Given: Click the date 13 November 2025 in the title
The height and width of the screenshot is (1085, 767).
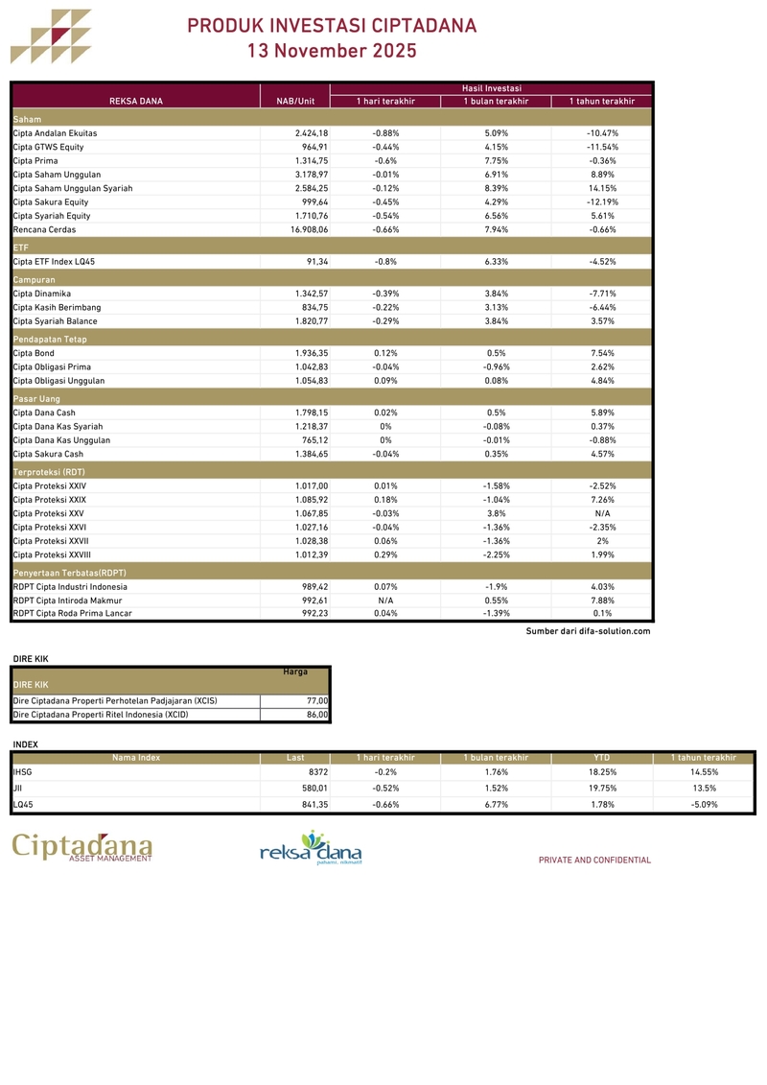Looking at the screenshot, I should pos(332,51).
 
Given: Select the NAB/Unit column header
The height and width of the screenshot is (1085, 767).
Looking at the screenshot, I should pos(295,101).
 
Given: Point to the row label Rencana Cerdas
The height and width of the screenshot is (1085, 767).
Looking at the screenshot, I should pos(43,230).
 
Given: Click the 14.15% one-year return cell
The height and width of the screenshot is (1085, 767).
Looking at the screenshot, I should pos(602,189).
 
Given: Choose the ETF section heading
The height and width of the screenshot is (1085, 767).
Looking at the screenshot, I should pos(21,248).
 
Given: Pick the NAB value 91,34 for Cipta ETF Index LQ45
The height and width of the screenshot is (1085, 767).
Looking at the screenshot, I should pos(316,262).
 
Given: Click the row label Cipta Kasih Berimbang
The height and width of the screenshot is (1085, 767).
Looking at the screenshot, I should pos(57,308).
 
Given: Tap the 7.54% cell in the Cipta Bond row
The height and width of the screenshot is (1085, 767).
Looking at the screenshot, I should pos(602,353).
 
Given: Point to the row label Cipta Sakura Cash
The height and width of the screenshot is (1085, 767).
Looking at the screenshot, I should pos(48,454).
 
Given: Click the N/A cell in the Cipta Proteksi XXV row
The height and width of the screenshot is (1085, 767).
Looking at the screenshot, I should pos(602,513).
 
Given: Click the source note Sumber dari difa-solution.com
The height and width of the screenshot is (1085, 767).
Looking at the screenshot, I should pos(588,631).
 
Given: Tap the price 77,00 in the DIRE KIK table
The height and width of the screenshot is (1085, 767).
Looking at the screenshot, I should pos(317,701).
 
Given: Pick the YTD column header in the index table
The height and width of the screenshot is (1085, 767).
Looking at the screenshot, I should pos(602,758).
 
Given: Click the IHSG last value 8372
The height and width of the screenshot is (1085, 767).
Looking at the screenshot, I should pos(318,771).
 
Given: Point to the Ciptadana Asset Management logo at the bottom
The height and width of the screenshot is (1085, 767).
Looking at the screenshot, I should pos(82,848).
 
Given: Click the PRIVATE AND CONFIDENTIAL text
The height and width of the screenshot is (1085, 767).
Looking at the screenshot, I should pos(594,861).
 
